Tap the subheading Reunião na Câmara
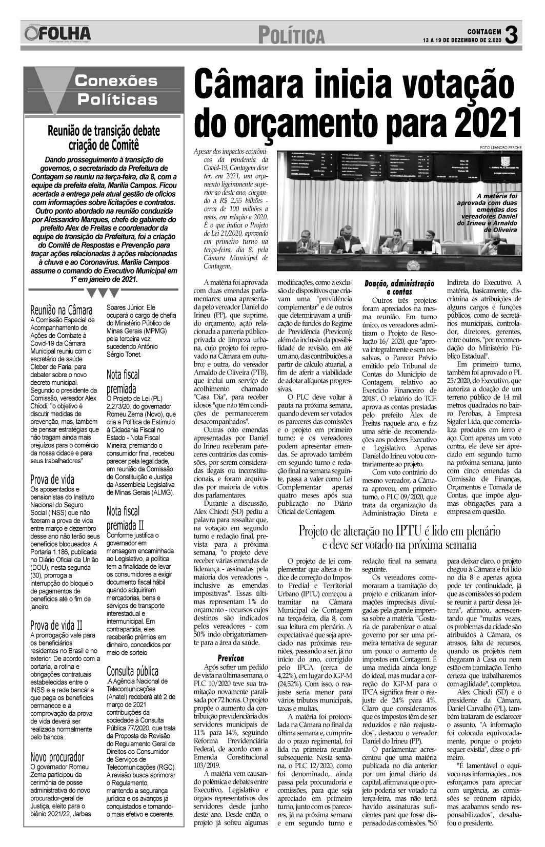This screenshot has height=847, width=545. pyautogui.click(x=62, y=310)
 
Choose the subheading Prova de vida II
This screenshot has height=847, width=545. pyautogui.click(x=56, y=625)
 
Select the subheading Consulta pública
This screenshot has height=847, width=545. pyautogui.click(x=132, y=671)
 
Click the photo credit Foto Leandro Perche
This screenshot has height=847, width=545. pyautogui.click(x=500, y=148)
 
